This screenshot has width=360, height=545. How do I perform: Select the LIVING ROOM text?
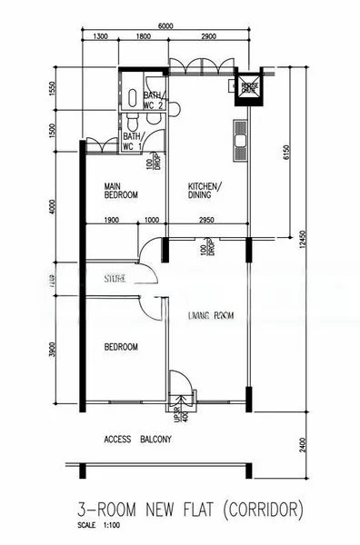tap(211, 316)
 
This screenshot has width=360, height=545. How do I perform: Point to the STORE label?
tap(115, 278)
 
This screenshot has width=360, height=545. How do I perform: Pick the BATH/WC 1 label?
tap(134, 141)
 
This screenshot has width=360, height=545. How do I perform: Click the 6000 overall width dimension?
tap(165, 27)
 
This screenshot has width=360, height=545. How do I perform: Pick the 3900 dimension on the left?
tap(52, 348)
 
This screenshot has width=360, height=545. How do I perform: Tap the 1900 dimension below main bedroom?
tap(112, 220)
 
